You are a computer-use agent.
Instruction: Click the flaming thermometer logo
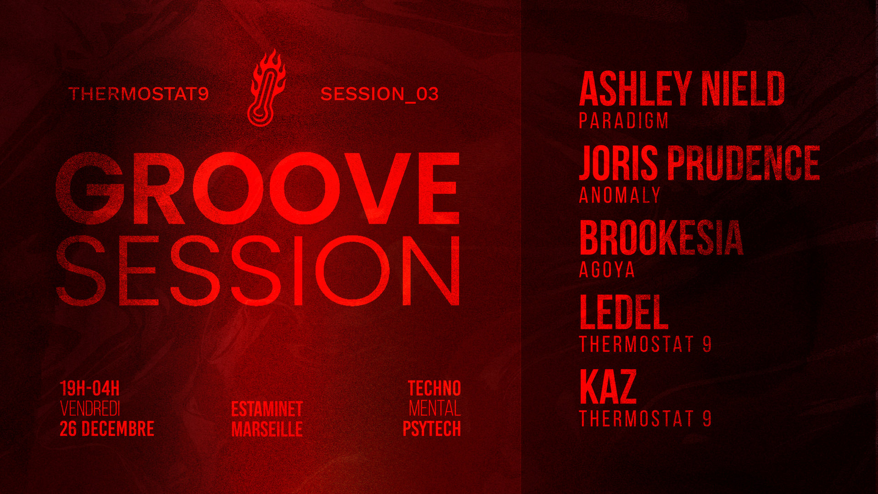(x=266, y=88)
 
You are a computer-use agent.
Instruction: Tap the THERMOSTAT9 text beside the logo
(x=139, y=94)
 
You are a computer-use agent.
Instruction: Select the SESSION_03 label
(x=380, y=94)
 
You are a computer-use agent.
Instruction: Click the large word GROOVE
(x=257, y=188)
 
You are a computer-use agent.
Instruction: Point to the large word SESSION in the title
(x=257, y=271)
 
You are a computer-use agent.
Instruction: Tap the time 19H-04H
(x=90, y=389)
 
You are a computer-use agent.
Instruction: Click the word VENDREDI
(x=90, y=409)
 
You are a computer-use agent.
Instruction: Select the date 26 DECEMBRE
(x=107, y=429)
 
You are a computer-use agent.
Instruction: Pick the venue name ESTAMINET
(x=267, y=409)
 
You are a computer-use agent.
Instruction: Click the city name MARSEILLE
(x=267, y=429)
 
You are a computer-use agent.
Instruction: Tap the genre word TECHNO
(x=434, y=389)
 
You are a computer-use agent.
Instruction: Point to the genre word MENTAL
(x=434, y=409)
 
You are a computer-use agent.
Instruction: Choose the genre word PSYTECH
(x=431, y=429)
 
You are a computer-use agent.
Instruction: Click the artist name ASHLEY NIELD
(x=681, y=89)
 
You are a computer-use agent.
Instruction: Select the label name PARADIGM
(x=624, y=121)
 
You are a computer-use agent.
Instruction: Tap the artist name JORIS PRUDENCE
(x=699, y=163)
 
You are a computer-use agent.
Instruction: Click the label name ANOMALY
(x=620, y=195)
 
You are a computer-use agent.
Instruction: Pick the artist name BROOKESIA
(x=661, y=238)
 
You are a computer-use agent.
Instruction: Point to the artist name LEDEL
(x=623, y=312)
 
